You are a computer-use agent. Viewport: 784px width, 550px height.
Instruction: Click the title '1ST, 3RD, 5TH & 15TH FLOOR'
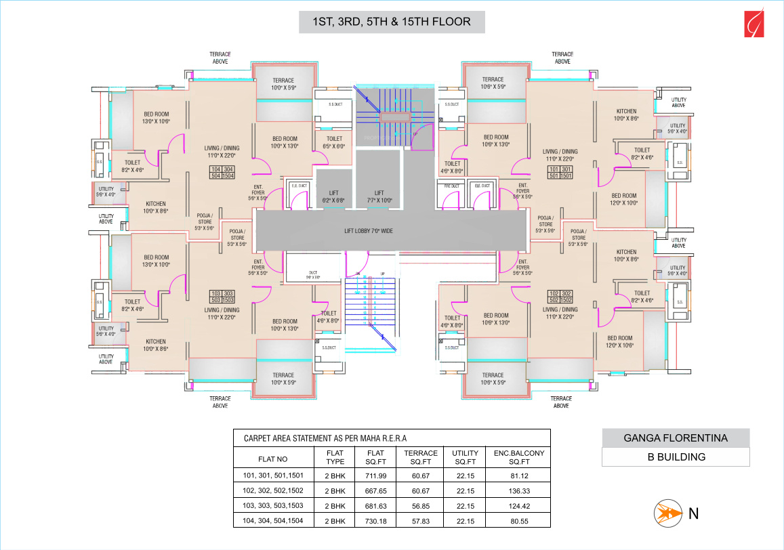coord(392,22)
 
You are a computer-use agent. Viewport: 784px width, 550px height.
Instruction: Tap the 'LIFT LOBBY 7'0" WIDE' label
coord(368,231)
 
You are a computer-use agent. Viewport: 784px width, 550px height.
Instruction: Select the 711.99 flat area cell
coord(375,475)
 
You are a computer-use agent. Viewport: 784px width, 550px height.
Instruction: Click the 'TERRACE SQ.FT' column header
coord(420,457)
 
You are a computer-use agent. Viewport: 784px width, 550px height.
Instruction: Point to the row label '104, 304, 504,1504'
coord(273,521)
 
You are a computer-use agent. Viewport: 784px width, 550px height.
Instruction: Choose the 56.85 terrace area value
coord(420,506)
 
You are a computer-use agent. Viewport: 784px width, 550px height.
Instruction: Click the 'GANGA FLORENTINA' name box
coord(676,438)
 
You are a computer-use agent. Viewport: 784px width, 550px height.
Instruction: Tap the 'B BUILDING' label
coord(676,457)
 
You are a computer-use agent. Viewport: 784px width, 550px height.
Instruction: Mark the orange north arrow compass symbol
coord(665,513)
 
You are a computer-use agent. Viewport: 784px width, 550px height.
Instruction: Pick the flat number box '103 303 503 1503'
coord(222,295)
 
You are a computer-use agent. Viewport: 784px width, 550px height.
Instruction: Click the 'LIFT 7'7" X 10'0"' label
coord(379,196)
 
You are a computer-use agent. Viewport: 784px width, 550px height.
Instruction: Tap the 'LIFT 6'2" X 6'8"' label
coord(333,196)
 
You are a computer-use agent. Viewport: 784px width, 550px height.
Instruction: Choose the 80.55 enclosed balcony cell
coord(520,521)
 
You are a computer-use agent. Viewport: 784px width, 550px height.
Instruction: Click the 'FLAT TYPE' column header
coord(335,457)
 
